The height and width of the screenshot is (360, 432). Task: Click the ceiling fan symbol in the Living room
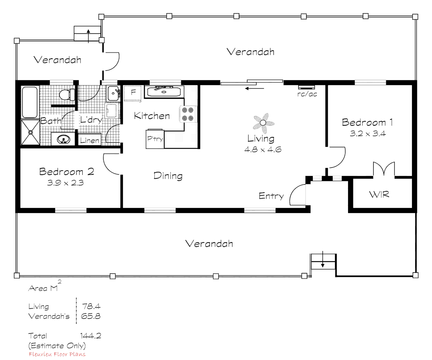tap(263, 123)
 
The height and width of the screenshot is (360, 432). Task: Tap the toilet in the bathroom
tap(67, 95)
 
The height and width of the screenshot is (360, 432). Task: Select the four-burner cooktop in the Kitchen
tap(188, 114)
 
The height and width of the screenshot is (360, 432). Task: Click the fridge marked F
tap(133, 94)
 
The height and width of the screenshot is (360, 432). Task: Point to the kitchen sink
tap(164, 92)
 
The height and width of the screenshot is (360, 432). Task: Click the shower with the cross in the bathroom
tap(30, 132)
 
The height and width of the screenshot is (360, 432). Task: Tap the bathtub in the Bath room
tap(30, 102)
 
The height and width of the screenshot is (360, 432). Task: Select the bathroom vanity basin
tap(63, 139)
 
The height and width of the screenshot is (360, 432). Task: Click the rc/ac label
tap(307, 94)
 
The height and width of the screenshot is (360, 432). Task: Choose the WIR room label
tap(379, 194)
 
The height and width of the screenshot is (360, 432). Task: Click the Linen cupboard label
tap(89, 141)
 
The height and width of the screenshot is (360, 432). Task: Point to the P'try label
tap(155, 138)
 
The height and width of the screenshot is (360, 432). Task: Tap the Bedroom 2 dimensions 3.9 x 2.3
tap(65, 183)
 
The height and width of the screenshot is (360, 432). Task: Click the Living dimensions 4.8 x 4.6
tap(263, 149)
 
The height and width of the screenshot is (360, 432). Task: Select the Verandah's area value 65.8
tap(91, 316)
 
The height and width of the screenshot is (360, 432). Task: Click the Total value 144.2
tap(91, 336)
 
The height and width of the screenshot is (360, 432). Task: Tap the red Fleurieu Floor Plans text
tap(57, 354)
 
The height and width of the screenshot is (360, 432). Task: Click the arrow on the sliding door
tap(254, 89)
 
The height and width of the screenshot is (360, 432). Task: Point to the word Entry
tap(271, 196)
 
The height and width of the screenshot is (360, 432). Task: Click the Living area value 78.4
tap(91, 306)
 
